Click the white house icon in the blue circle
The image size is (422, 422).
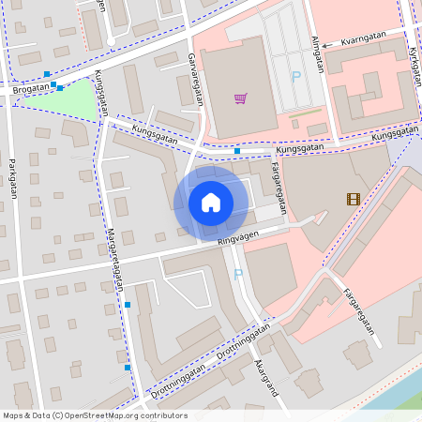click(x=211, y=203)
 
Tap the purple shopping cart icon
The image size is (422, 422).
click(x=241, y=98)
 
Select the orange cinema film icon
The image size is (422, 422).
click(x=352, y=198)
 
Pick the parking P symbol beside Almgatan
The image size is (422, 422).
click(x=296, y=77)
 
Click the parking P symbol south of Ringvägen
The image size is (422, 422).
click(x=237, y=275)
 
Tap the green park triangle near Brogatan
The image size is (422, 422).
click(x=81, y=101)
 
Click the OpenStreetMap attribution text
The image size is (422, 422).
click(x=95, y=415)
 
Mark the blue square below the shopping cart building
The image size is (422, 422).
click(x=237, y=150)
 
